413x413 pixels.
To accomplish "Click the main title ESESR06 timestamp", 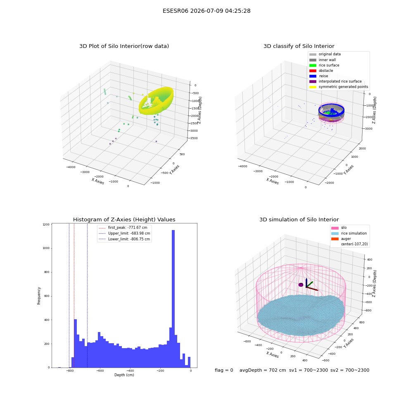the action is (x=206, y=11).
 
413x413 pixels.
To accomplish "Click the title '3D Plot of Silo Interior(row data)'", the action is (x=124, y=46).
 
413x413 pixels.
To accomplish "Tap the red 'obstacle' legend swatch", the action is (x=313, y=71).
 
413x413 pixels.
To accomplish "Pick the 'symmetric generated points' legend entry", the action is (x=339, y=87).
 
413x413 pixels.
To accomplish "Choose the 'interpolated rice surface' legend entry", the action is (x=335, y=81).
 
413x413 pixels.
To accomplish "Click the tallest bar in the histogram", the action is (x=173, y=299).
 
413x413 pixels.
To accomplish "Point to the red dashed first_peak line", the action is (x=74, y=295).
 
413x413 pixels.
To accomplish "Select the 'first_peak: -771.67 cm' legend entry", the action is (x=123, y=228).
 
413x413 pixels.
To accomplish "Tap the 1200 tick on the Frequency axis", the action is (x=46, y=224).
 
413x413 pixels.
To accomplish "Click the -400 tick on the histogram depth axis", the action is (x=130, y=370).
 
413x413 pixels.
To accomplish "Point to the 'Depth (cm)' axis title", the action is (x=124, y=375).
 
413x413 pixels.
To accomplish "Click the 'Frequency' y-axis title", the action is (x=39, y=296).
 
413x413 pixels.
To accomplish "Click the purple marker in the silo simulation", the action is (x=301, y=285).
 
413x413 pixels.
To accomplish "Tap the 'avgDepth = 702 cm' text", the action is (x=263, y=370).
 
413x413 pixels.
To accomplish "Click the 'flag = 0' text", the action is (x=224, y=370).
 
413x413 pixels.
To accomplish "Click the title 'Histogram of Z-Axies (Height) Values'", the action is (x=124, y=220).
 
